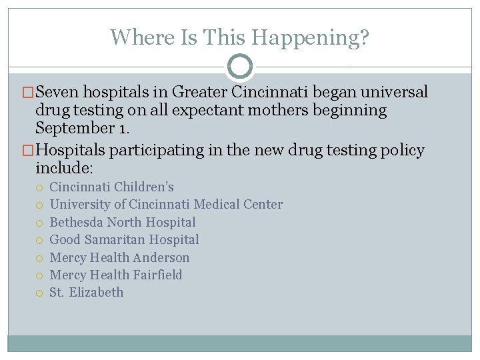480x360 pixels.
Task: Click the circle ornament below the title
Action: point(240,67)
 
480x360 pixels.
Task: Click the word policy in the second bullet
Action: point(400,150)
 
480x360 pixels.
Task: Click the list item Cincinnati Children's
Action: point(111,187)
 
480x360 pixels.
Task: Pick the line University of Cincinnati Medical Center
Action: point(166,205)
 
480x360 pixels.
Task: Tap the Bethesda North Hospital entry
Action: point(123,222)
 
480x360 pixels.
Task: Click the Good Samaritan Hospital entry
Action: point(124,239)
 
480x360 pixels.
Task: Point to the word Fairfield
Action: point(157,275)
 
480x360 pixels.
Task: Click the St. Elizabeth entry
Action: point(86,292)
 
